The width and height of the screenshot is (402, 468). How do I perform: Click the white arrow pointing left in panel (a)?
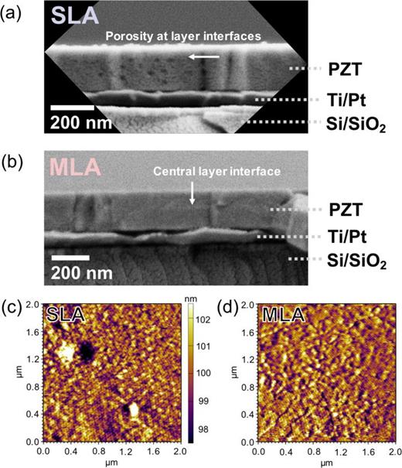point(205,56)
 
